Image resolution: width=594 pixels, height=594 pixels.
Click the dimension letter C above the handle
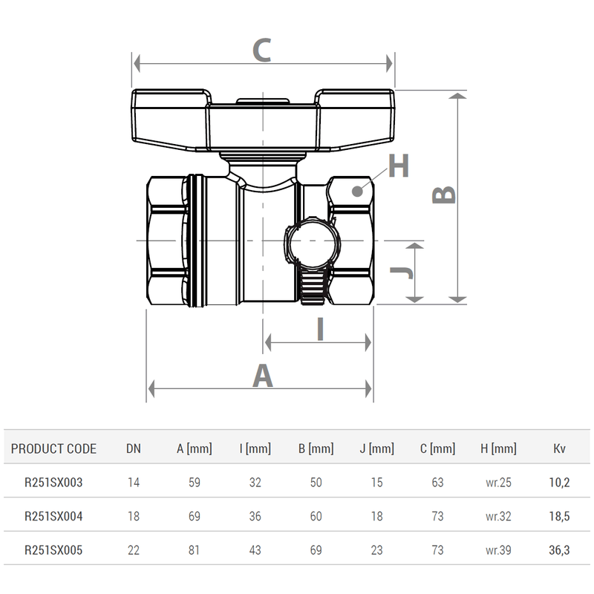point(261,51)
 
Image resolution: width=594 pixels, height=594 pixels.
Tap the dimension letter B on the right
point(444,195)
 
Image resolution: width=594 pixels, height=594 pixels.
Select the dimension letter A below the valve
point(263,376)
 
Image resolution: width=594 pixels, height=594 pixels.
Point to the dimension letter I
point(320,329)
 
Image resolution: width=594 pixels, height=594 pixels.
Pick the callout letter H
point(399,167)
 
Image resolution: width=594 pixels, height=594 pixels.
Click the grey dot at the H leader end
point(359,190)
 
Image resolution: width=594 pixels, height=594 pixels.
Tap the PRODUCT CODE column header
point(53,448)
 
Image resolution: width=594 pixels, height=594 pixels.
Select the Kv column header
point(560,448)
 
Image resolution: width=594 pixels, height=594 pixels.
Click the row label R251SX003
point(53,483)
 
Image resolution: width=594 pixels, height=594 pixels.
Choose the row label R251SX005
point(53,550)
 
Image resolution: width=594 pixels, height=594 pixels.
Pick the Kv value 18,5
point(559,516)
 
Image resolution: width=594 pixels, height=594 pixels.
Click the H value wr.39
point(498,550)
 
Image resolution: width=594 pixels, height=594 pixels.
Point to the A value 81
point(195,550)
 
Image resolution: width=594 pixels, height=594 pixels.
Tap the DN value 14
point(134,483)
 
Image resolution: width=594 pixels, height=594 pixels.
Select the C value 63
point(437,483)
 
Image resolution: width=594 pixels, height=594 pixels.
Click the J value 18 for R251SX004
point(376,516)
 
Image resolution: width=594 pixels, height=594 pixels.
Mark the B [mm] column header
point(316,448)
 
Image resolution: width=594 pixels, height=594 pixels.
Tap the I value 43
point(255,550)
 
